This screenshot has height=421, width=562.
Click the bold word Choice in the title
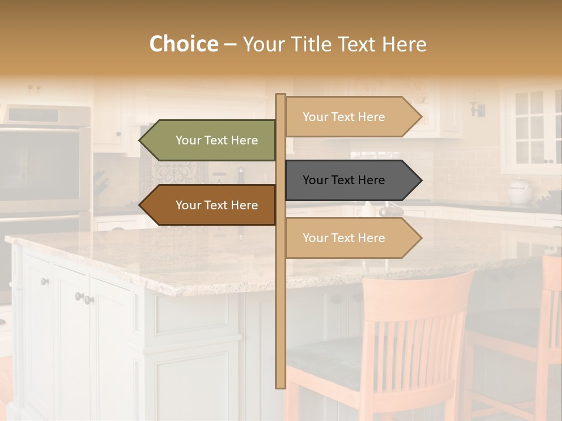tap(183, 44)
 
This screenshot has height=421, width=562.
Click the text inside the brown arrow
tap(217, 205)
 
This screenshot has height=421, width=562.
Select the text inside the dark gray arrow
tap(344, 180)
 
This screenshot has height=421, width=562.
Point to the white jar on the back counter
tap(519, 191)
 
